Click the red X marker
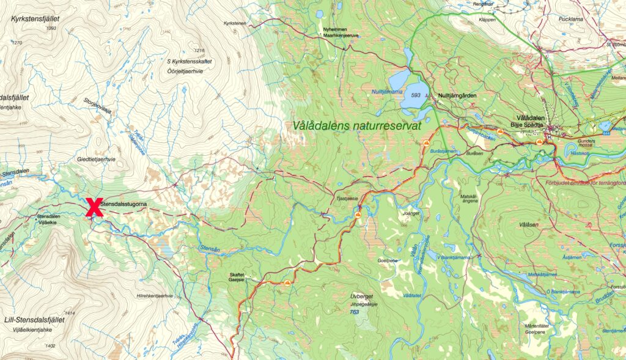tap(94, 207)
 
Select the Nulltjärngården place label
tap(457, 96)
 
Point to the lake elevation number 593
tap(417, 95)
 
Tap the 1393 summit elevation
tap(51, 29)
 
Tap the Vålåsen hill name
tap(528, 225)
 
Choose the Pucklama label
tap(572, 19)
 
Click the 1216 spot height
tap(197, 50)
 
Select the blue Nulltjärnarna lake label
tap(388, 92)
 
